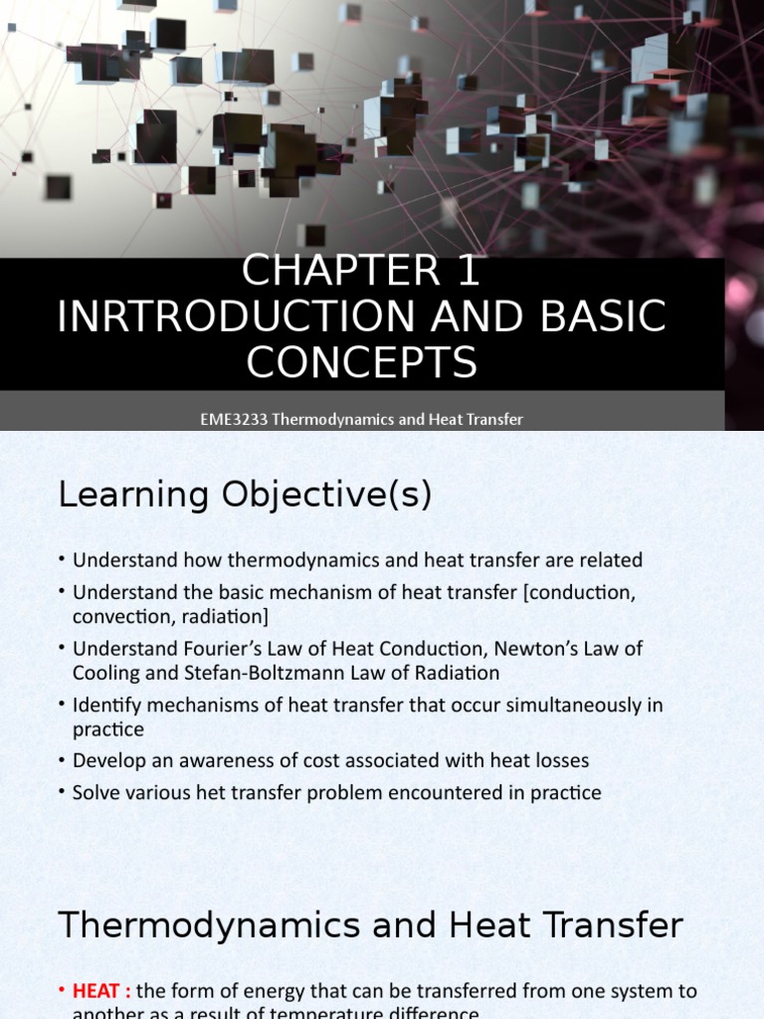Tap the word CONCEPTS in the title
coord(362,363)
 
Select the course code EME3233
coord(233,419)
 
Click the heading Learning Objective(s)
coord(245,495)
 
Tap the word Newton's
coord(528,649)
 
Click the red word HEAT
coord(99,991)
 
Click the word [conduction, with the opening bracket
coord(579,592)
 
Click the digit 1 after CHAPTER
coord(469,272)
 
